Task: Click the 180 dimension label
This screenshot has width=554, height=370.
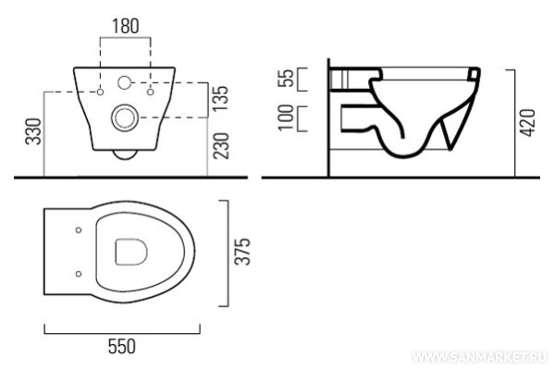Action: (x=126, y=26)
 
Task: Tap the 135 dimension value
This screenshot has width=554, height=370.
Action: (x=221, y=99)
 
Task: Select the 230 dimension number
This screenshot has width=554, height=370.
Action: (x=221, y=145)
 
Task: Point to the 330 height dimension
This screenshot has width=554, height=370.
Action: (x=33, y=131)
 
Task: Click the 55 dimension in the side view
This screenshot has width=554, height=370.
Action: (x=286, y=78)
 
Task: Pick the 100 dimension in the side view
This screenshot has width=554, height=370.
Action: (x=286, y=117)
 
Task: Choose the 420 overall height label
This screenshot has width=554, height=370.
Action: (x=528, y=123)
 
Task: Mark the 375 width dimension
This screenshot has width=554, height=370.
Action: (x=243, y=252)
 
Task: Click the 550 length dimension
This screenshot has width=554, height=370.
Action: (x=121, y=346)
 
